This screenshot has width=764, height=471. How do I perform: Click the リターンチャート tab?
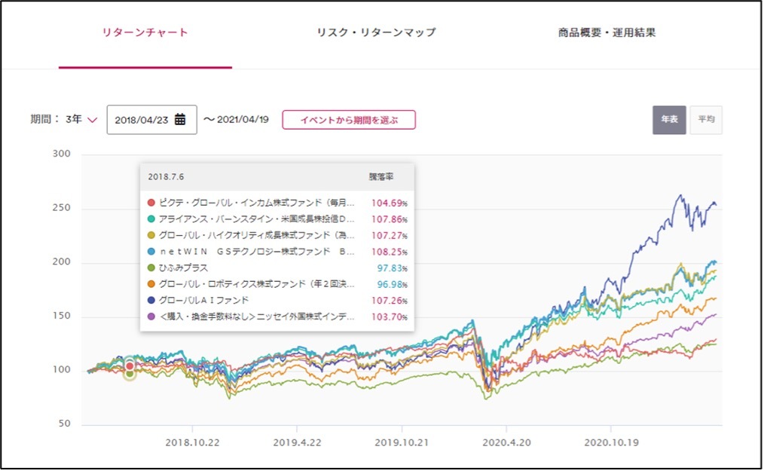[145, 32]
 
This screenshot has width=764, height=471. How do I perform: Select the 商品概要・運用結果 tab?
[607, 32]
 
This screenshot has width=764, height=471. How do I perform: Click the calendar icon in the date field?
[180, 119]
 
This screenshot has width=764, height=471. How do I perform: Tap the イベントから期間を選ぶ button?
[348, 120]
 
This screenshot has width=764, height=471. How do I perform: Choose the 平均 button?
[705, 120]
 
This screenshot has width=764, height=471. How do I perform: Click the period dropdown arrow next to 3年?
[93, 120]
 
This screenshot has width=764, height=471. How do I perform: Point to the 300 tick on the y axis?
[61, 154]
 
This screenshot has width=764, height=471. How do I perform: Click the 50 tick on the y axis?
[64, 424]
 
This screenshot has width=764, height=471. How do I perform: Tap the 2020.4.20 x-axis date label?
[507, 443]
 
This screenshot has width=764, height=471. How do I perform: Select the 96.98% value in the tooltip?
[389, 284]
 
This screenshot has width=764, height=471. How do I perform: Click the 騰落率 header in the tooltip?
[380, 176]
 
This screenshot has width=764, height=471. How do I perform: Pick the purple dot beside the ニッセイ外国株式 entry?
[151, 317]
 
